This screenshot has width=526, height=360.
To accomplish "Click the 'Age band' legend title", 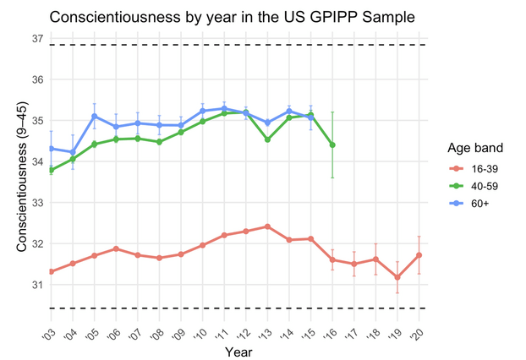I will [x=472, y=148].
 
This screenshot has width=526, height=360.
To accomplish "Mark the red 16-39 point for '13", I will [x=267, y=226].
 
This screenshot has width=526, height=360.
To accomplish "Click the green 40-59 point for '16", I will [x=332, y=145].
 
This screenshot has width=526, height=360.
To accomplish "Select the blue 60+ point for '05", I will [x=94, y=116].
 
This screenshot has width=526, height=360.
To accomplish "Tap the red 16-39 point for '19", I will [x=397, y=277].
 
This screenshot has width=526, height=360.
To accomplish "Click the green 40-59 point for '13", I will [x=267, y=139].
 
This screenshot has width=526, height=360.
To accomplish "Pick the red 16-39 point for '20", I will [x=419, y=255].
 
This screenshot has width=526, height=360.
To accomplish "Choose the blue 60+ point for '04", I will [x=73, y=152].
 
